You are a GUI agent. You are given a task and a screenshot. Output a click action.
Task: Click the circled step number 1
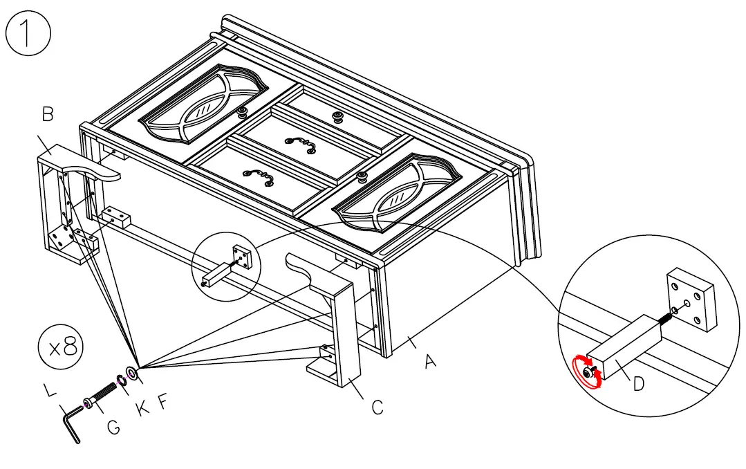(x=28, y=34)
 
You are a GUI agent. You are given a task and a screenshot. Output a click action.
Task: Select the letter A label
(x=430, y=360)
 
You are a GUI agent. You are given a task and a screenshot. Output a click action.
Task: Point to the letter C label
(x=377, y=407)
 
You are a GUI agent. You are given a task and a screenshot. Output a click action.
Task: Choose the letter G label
(x=113, y=427)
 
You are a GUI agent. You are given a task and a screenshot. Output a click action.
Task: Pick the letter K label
(x=142, y=408)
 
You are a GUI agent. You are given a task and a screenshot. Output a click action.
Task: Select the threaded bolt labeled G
(x=102, y=395)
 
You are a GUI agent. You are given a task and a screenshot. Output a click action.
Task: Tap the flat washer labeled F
(x=132, y=374)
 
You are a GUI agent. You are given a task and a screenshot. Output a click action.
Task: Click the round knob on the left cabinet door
(x=243, y=112)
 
